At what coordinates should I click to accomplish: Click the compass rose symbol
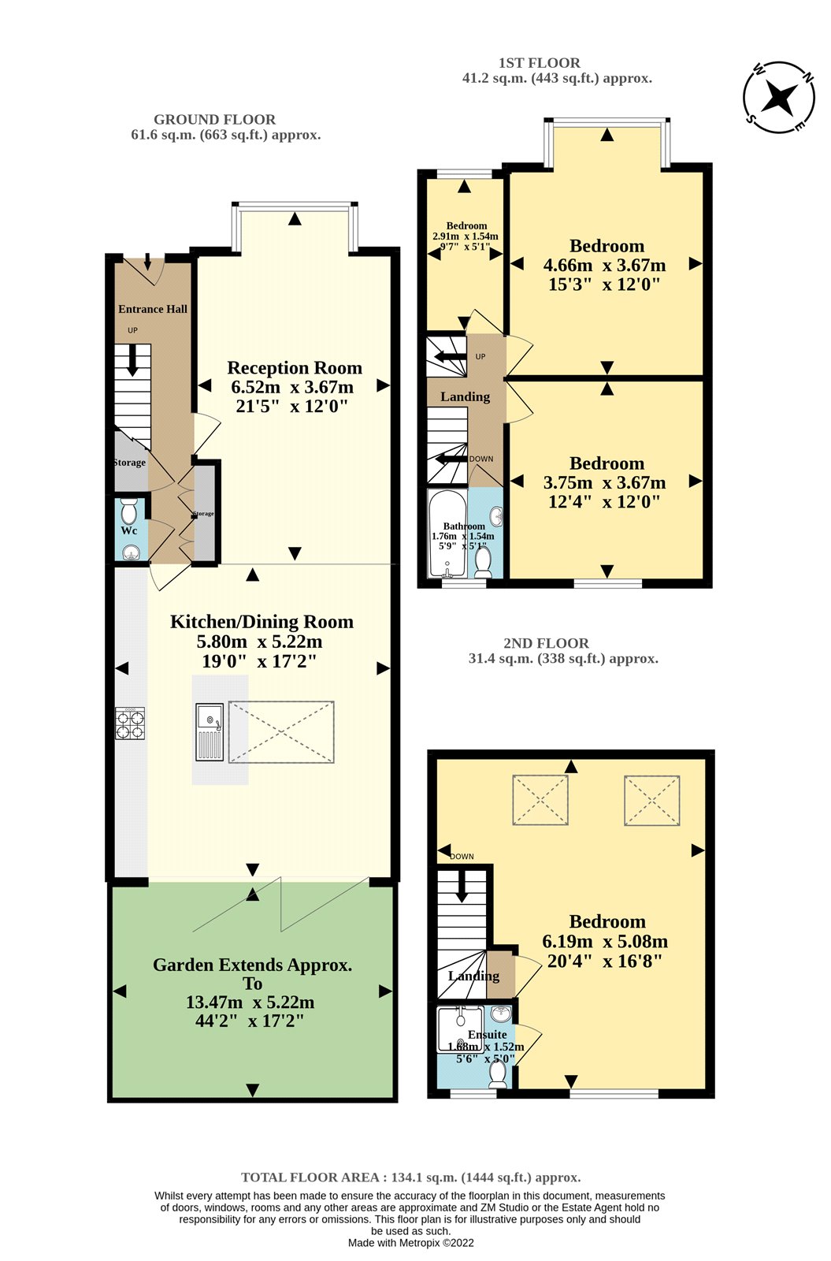tap(779, 98)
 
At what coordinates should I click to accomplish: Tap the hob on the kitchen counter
tap(131, 723)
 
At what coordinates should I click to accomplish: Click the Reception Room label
tap(295, 368)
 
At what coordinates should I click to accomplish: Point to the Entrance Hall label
tap(153, 309)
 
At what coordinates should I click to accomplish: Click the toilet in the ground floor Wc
tap(130, 510)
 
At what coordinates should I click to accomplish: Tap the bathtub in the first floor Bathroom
tap(446, 534)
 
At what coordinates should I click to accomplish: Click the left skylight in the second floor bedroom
tap(540, 801)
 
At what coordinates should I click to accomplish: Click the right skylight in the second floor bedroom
tap(652, 801)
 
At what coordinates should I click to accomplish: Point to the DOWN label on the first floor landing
tap(481, 459)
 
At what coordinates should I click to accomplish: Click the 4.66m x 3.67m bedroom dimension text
tap(605, 266)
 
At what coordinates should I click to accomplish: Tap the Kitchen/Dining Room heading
tap(262, 622)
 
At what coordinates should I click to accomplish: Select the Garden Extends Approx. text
tap(252, 965)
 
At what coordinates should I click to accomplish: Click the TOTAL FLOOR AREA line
tap(410, 1177)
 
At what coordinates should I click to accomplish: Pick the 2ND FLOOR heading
tap(546, 643)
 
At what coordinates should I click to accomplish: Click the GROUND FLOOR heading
tap(214, 120)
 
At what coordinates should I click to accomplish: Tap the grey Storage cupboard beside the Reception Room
tap(205, 513)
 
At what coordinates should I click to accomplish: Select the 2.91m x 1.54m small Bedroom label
tap(466, 236)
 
